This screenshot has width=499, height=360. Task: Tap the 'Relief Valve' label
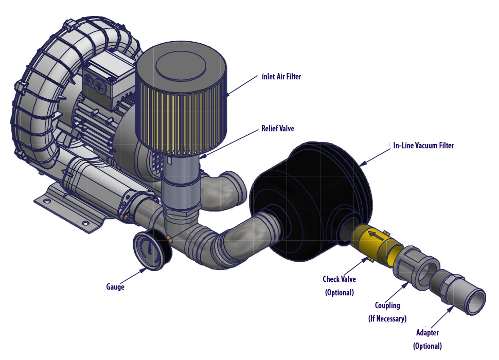pyautogui.click(x=278, y=128)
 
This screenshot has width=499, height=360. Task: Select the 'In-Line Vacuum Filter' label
pyautogui.click(x=423, y=146)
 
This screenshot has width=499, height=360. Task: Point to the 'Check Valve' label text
pyautogui.click(x=339, y=279)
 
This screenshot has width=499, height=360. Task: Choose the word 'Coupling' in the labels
pyautogui.click(x=387, y=305)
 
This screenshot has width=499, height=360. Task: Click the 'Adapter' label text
pyautogui.click(x=428, y=332)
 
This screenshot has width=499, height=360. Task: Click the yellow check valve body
pyautogui.click(x=375, y=242)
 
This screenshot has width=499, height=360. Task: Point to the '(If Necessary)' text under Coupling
pyautogui.click(x=387, y=319)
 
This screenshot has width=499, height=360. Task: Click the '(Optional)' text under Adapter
pyautogui.click(x=427, y=346)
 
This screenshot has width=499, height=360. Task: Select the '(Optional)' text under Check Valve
pyautogui.click(x=339, y=293)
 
